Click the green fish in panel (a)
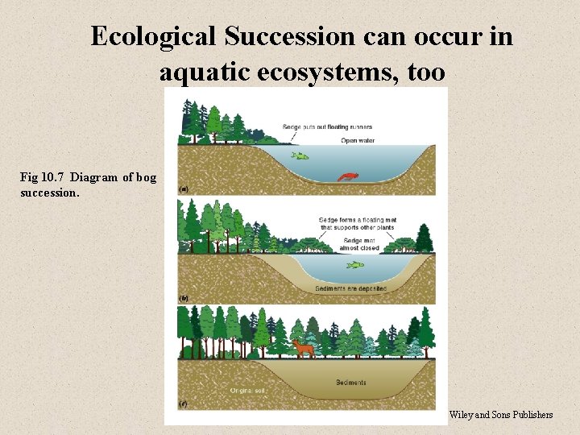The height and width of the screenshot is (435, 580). click(x=300, y=156)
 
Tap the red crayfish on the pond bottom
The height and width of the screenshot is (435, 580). click(x=347, y=176)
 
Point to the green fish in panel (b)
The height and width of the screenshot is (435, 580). click(x=355, y=264)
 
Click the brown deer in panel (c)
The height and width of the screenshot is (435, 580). click(x=304, y=348)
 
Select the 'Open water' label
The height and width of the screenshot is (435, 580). click(x=358, y=140)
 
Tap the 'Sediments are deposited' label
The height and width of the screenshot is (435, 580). click(x=351, y=288)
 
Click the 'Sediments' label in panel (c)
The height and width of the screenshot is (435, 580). click(x=351, y=382)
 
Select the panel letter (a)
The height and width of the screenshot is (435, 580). click(x=184, y=189)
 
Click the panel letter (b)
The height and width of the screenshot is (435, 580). click(x=184, y=298)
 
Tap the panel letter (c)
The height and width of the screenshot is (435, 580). click(x=184, y=403)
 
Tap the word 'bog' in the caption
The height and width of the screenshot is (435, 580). click(x=147, y=177)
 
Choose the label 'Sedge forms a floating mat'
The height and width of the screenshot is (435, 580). click(x=358, y=220)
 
